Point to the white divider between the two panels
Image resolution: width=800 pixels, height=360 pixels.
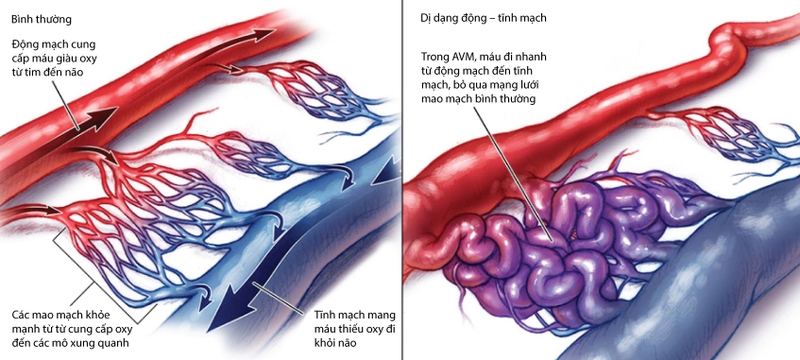[x=404, y=180]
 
